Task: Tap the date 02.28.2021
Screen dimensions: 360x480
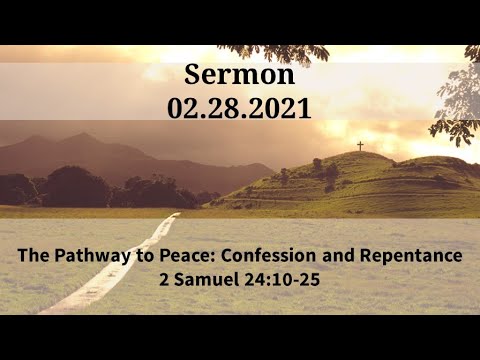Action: [240, 107]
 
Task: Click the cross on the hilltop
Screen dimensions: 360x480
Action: [360, 146]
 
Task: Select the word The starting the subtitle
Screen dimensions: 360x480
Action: [33, 256]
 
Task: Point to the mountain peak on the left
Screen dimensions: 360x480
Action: [81, 137]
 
